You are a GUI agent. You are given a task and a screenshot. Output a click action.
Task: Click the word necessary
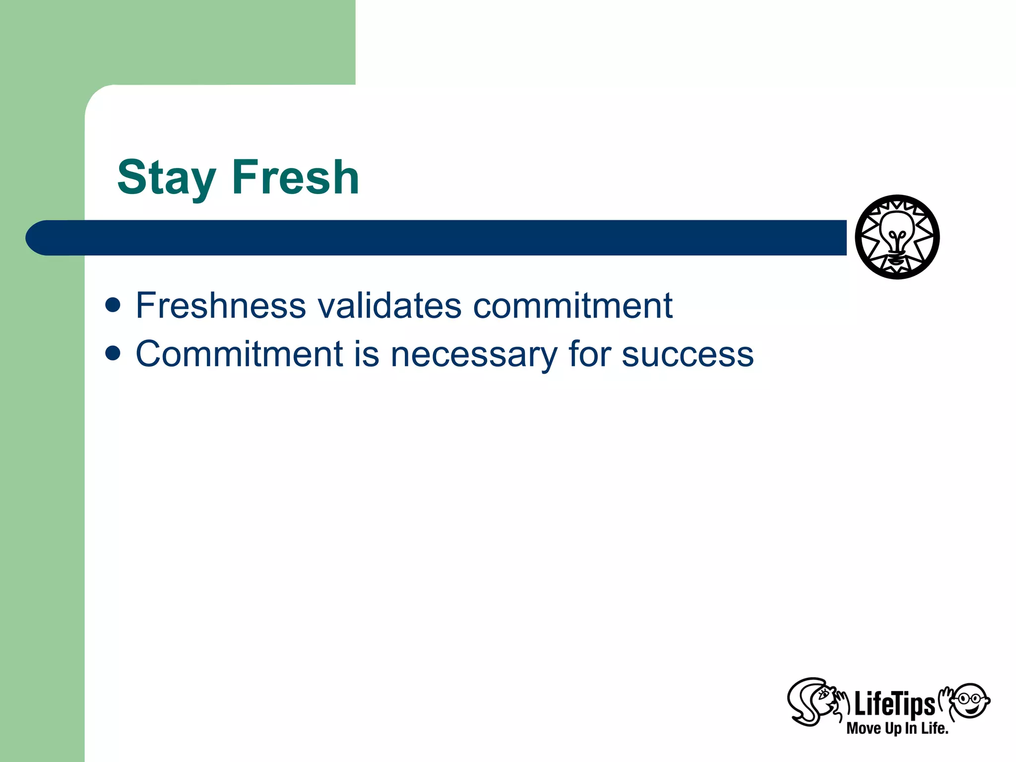474,355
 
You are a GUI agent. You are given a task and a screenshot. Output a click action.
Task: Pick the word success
688,355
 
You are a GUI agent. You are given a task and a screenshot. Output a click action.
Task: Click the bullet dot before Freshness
113,305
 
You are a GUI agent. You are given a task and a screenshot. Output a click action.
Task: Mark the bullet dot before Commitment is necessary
113,353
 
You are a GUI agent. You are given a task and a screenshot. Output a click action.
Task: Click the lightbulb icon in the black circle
897,237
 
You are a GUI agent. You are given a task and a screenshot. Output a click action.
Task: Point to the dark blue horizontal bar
446,238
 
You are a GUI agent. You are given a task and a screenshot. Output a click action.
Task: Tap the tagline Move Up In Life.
897,728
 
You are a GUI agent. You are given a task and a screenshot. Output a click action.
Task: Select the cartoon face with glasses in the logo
971,700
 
